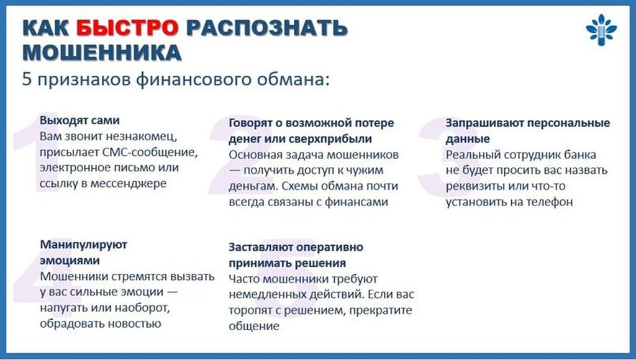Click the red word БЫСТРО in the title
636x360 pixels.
click(127, 28)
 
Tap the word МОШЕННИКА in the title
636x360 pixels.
click(102, 53)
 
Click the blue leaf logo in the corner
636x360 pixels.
click(601, 30)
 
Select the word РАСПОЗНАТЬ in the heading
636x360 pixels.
click(266, 28)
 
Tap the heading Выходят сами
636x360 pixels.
click(79, 120)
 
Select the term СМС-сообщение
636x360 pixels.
click(149, 153)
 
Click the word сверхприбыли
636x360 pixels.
click(330, 139)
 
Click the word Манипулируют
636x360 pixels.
click(84, 245)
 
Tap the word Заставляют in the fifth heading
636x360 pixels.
click(261, 247)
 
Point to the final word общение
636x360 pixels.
click(254, 326)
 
